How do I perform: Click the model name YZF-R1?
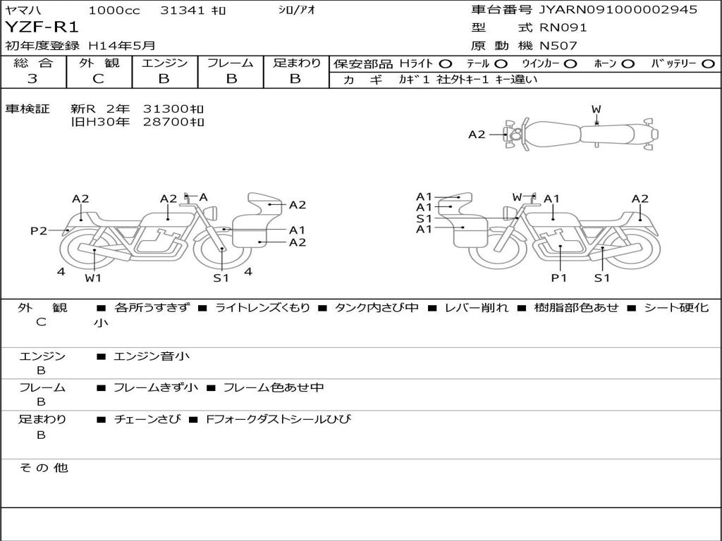click(x=42, y=27)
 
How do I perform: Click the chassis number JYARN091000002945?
click(x=618, y=9)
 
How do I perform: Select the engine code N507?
click(x=558, y=46)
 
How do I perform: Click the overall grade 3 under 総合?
click(x=32, y=79)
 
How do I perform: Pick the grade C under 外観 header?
click(x=99, y=79)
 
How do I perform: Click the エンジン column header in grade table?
click(x=164, y=63)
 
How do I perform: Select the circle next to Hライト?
click(x=446, y=64)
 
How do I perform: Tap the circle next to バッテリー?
click(x=708, y=64)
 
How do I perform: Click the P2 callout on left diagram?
click(x=39, y=230)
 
